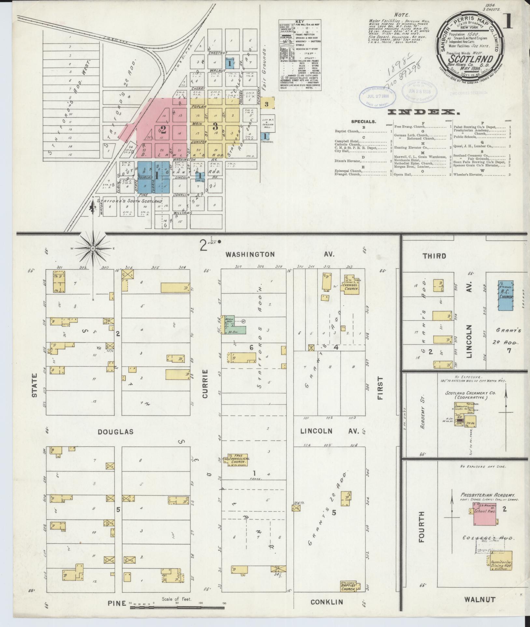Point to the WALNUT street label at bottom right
pyautogui.click(x=480, y=599)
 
